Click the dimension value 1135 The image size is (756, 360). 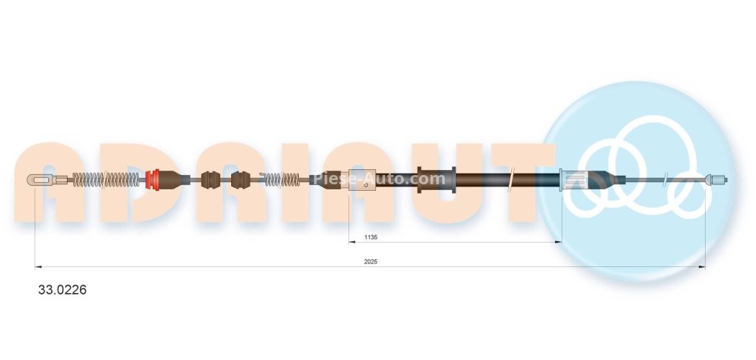tap(370, 237)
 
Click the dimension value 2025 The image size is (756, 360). tap(370, 261)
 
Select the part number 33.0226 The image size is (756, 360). tap(62, 289)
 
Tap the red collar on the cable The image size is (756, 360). tap(153, 180)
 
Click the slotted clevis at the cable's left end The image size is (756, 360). tap(40, 180)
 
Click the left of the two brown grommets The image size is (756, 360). tap(210, 180)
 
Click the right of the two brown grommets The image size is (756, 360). tap(240, 180)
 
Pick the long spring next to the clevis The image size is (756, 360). tap(106, 180)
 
